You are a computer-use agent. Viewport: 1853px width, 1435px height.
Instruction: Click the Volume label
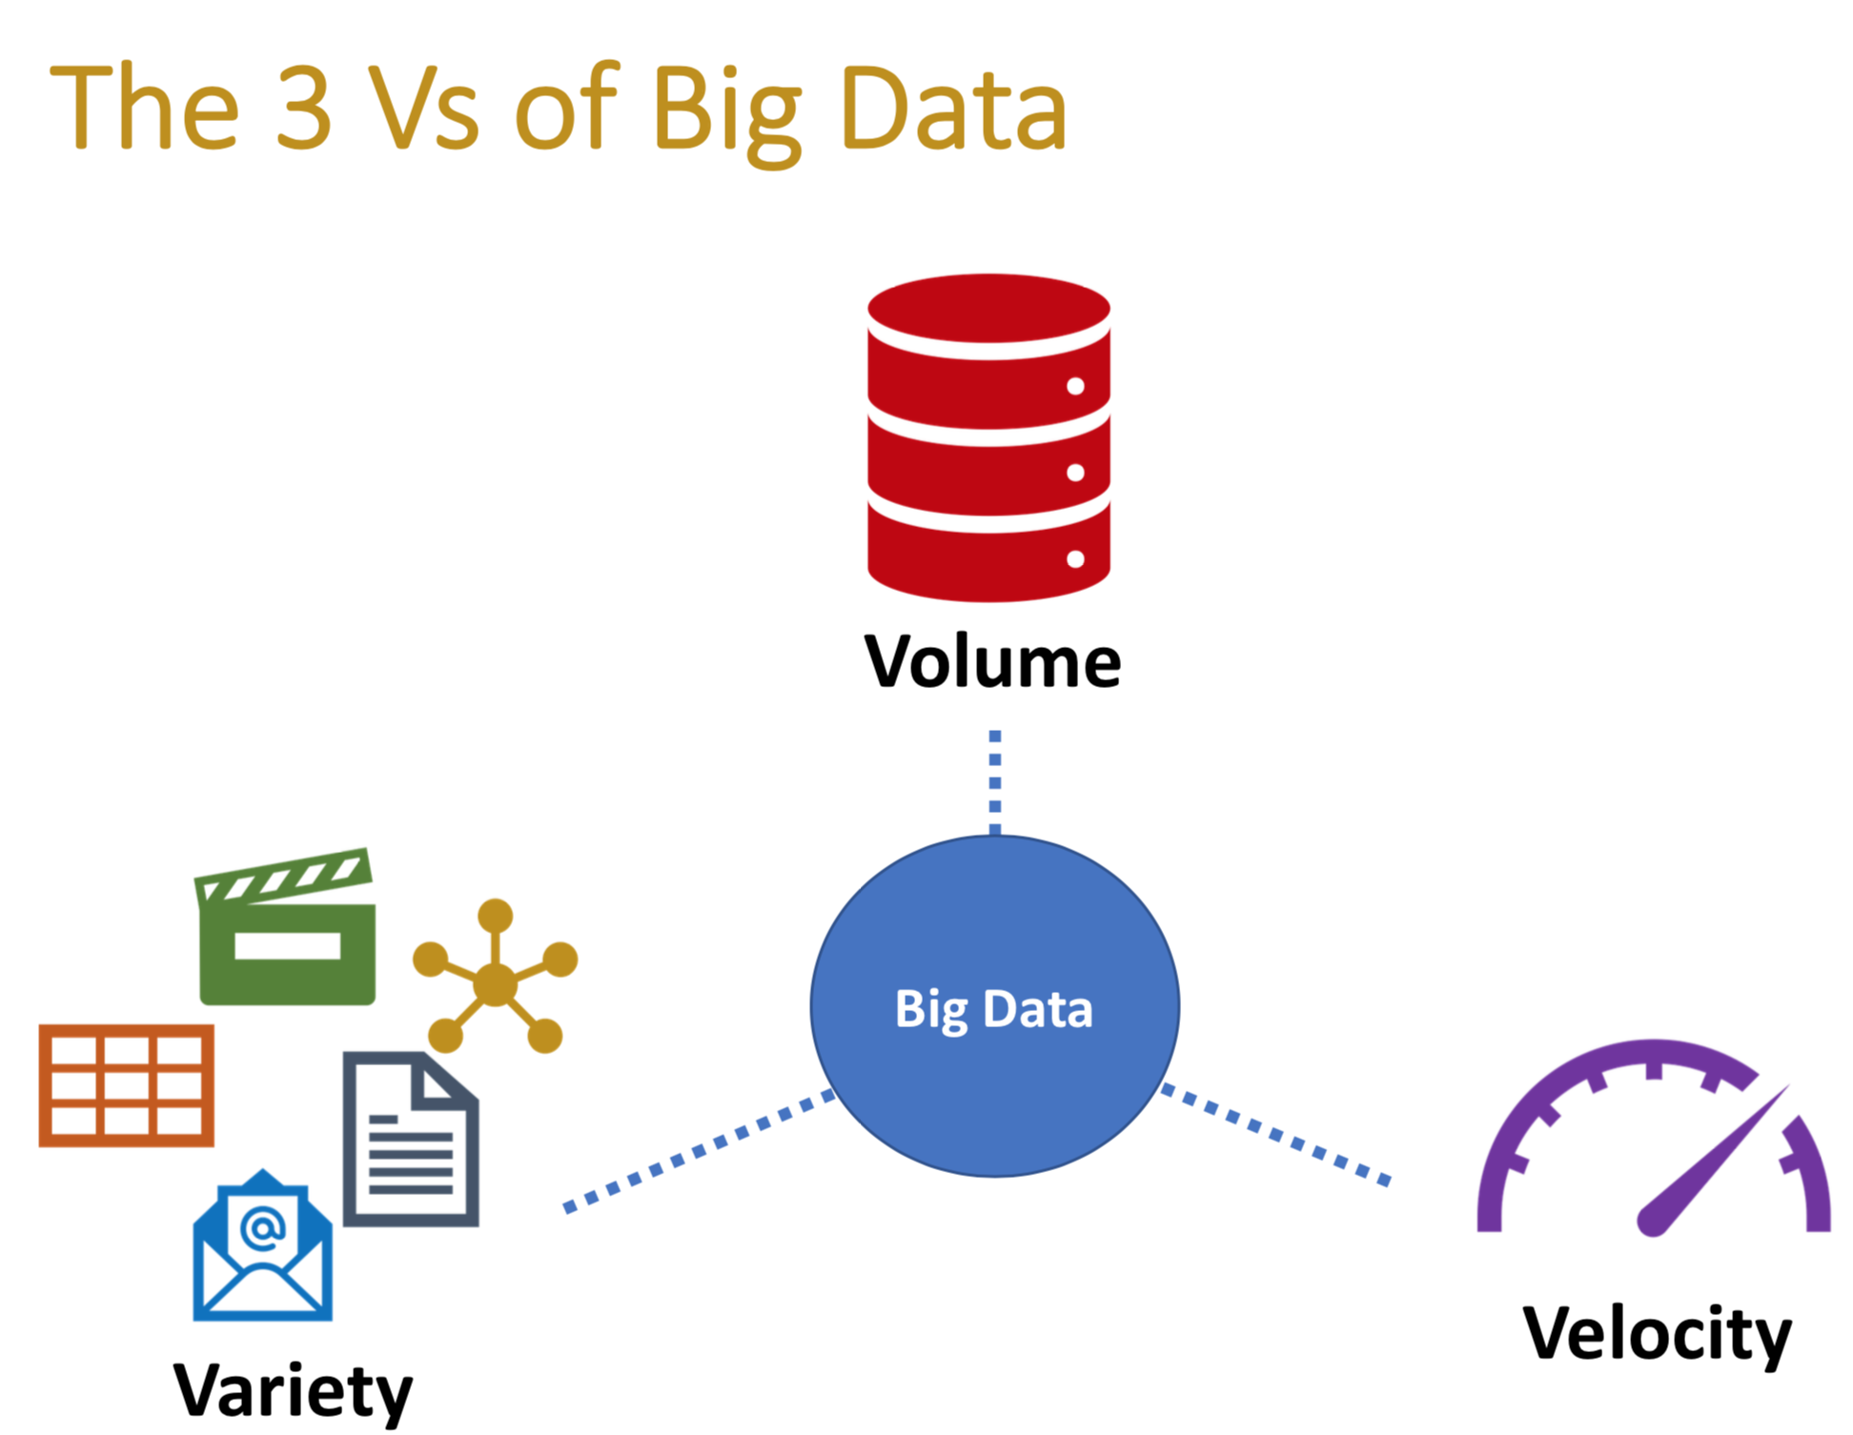pyautogui.click(x=991, y=661)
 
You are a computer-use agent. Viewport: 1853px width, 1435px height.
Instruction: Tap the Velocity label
pyautogui.click(x=1657, y=1333)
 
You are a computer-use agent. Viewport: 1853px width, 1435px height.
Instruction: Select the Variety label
pyautogui.click(x=293, y=1391)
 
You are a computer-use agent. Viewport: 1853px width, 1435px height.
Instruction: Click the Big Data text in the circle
pyautogui.click(x=993, y=1009)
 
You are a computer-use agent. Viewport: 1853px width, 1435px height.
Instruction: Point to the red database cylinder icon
pyautogui.click(x=988, y=438)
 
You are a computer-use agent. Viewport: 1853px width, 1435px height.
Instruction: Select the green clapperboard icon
pyautogui.click(x=286, y=929)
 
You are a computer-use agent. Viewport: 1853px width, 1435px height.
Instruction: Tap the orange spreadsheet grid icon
pyautogui.click(x=126, y=1085)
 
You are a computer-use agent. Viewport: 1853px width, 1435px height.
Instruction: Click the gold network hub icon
pyautogui.click(x=495, y=982)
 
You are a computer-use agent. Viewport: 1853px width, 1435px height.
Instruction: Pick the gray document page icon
pyautogui.click(x=410, y=1140)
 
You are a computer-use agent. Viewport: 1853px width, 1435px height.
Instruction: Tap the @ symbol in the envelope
pyautogui.click(x=263, y=1227)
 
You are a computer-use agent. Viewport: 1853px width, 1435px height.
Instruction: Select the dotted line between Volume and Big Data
pyautogui.click(x=994, y=781)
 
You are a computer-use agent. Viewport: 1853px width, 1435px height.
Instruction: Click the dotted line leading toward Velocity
pyautogui.click(x=1274, y=1134)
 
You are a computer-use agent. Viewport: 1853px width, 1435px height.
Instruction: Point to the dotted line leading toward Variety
pyautogui.click(x=699, y=1151)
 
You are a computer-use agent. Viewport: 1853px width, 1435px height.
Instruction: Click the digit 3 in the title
pyautogui.click(x=304, y=107)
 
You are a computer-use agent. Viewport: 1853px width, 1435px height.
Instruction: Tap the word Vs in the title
pyautogui.click(x=423, y=107)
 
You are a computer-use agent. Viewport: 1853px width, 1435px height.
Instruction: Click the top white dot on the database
pyautogui.click(x=1075, y=386)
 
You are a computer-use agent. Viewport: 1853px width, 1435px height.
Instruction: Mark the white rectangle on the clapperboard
pyautogui.click(x=287, y=945)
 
